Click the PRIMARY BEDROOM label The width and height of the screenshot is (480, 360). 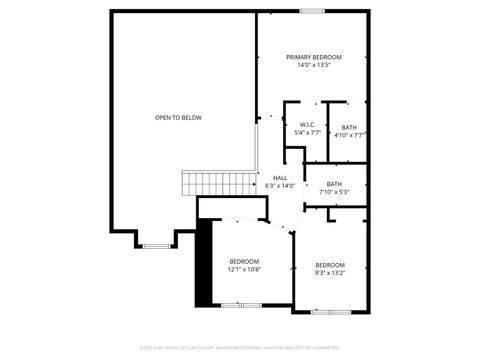313,57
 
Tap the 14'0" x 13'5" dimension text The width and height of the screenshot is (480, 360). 313,65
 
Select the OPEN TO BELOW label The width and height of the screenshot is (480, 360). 178,118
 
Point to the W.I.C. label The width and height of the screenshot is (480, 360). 307,125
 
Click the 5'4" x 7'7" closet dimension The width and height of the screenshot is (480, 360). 307,133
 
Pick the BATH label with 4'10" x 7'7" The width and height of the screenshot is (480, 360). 349,127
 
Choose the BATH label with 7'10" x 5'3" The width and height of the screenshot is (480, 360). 334,183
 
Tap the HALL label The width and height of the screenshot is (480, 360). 280,178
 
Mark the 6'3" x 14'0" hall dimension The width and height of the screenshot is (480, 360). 280,186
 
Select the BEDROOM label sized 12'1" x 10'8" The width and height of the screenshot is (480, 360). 244,261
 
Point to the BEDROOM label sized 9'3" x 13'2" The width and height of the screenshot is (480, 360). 330,264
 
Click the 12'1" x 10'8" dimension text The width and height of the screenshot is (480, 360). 244,269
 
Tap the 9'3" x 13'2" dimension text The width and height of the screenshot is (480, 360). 330,272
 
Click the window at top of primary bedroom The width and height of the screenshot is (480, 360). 313,11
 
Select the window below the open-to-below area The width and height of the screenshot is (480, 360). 156,245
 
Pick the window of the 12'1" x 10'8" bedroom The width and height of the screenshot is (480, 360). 236,304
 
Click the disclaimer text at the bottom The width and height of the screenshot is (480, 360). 240,348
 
